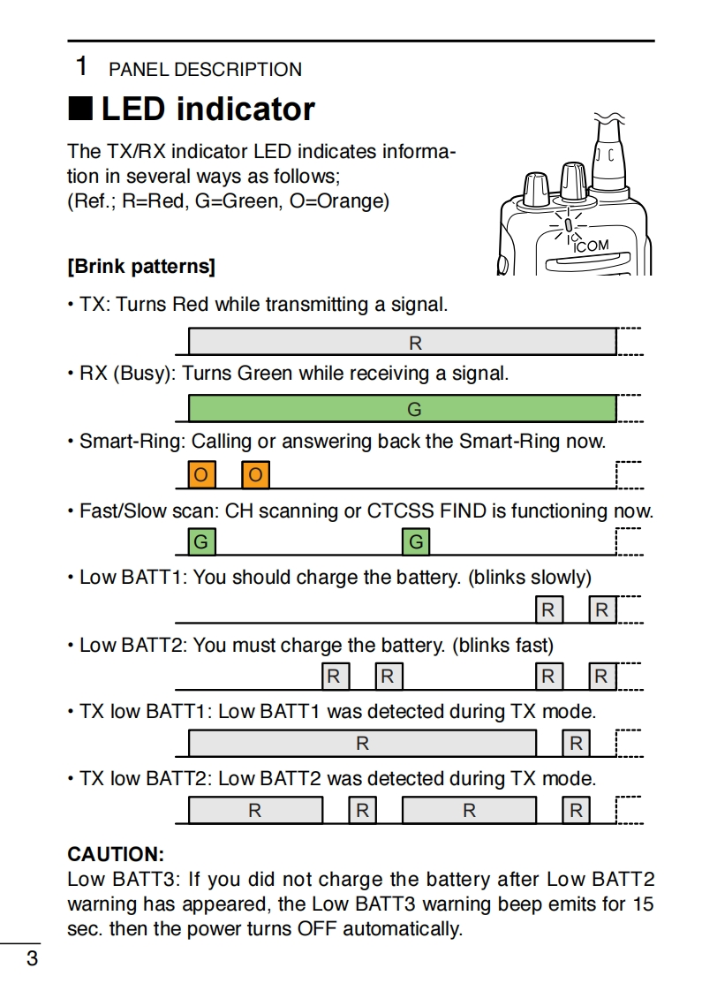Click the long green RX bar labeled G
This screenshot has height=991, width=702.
coord(402,409)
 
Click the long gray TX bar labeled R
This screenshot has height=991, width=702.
coord(402,342)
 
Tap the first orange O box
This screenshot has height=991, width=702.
coord(202,475)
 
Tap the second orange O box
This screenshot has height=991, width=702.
coord(255,475)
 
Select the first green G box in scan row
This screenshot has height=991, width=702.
coord(202,541)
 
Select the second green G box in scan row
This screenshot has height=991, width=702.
coord(416,541)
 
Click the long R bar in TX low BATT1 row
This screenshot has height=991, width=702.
coord(362,744)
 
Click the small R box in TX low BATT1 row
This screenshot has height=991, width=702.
coord(576,744)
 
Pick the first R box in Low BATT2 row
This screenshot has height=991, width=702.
coord(335,677)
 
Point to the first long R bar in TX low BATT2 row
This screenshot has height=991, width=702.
coord(255,810)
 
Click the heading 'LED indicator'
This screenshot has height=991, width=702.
coord(208,110)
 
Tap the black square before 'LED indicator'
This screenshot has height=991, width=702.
coord(80,110)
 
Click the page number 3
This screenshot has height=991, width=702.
coord(32,958)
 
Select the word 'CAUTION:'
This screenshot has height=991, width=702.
coord(116,854)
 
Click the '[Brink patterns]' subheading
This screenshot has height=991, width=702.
coord(141,266)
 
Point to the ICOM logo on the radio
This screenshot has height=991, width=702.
coord(591,246)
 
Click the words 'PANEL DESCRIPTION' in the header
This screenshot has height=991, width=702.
coord(205,70)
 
